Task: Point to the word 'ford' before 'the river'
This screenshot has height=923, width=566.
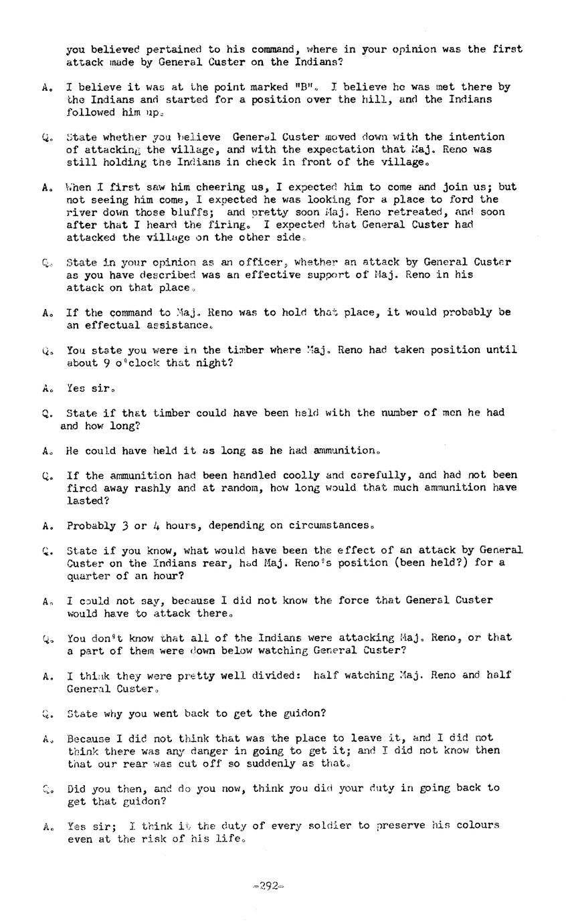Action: pos(461,199)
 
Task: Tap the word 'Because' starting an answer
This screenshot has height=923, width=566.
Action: pos(88,738)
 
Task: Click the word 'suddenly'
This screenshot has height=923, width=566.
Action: pos(268,764)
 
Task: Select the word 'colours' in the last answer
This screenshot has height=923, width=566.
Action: pos(478,825)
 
